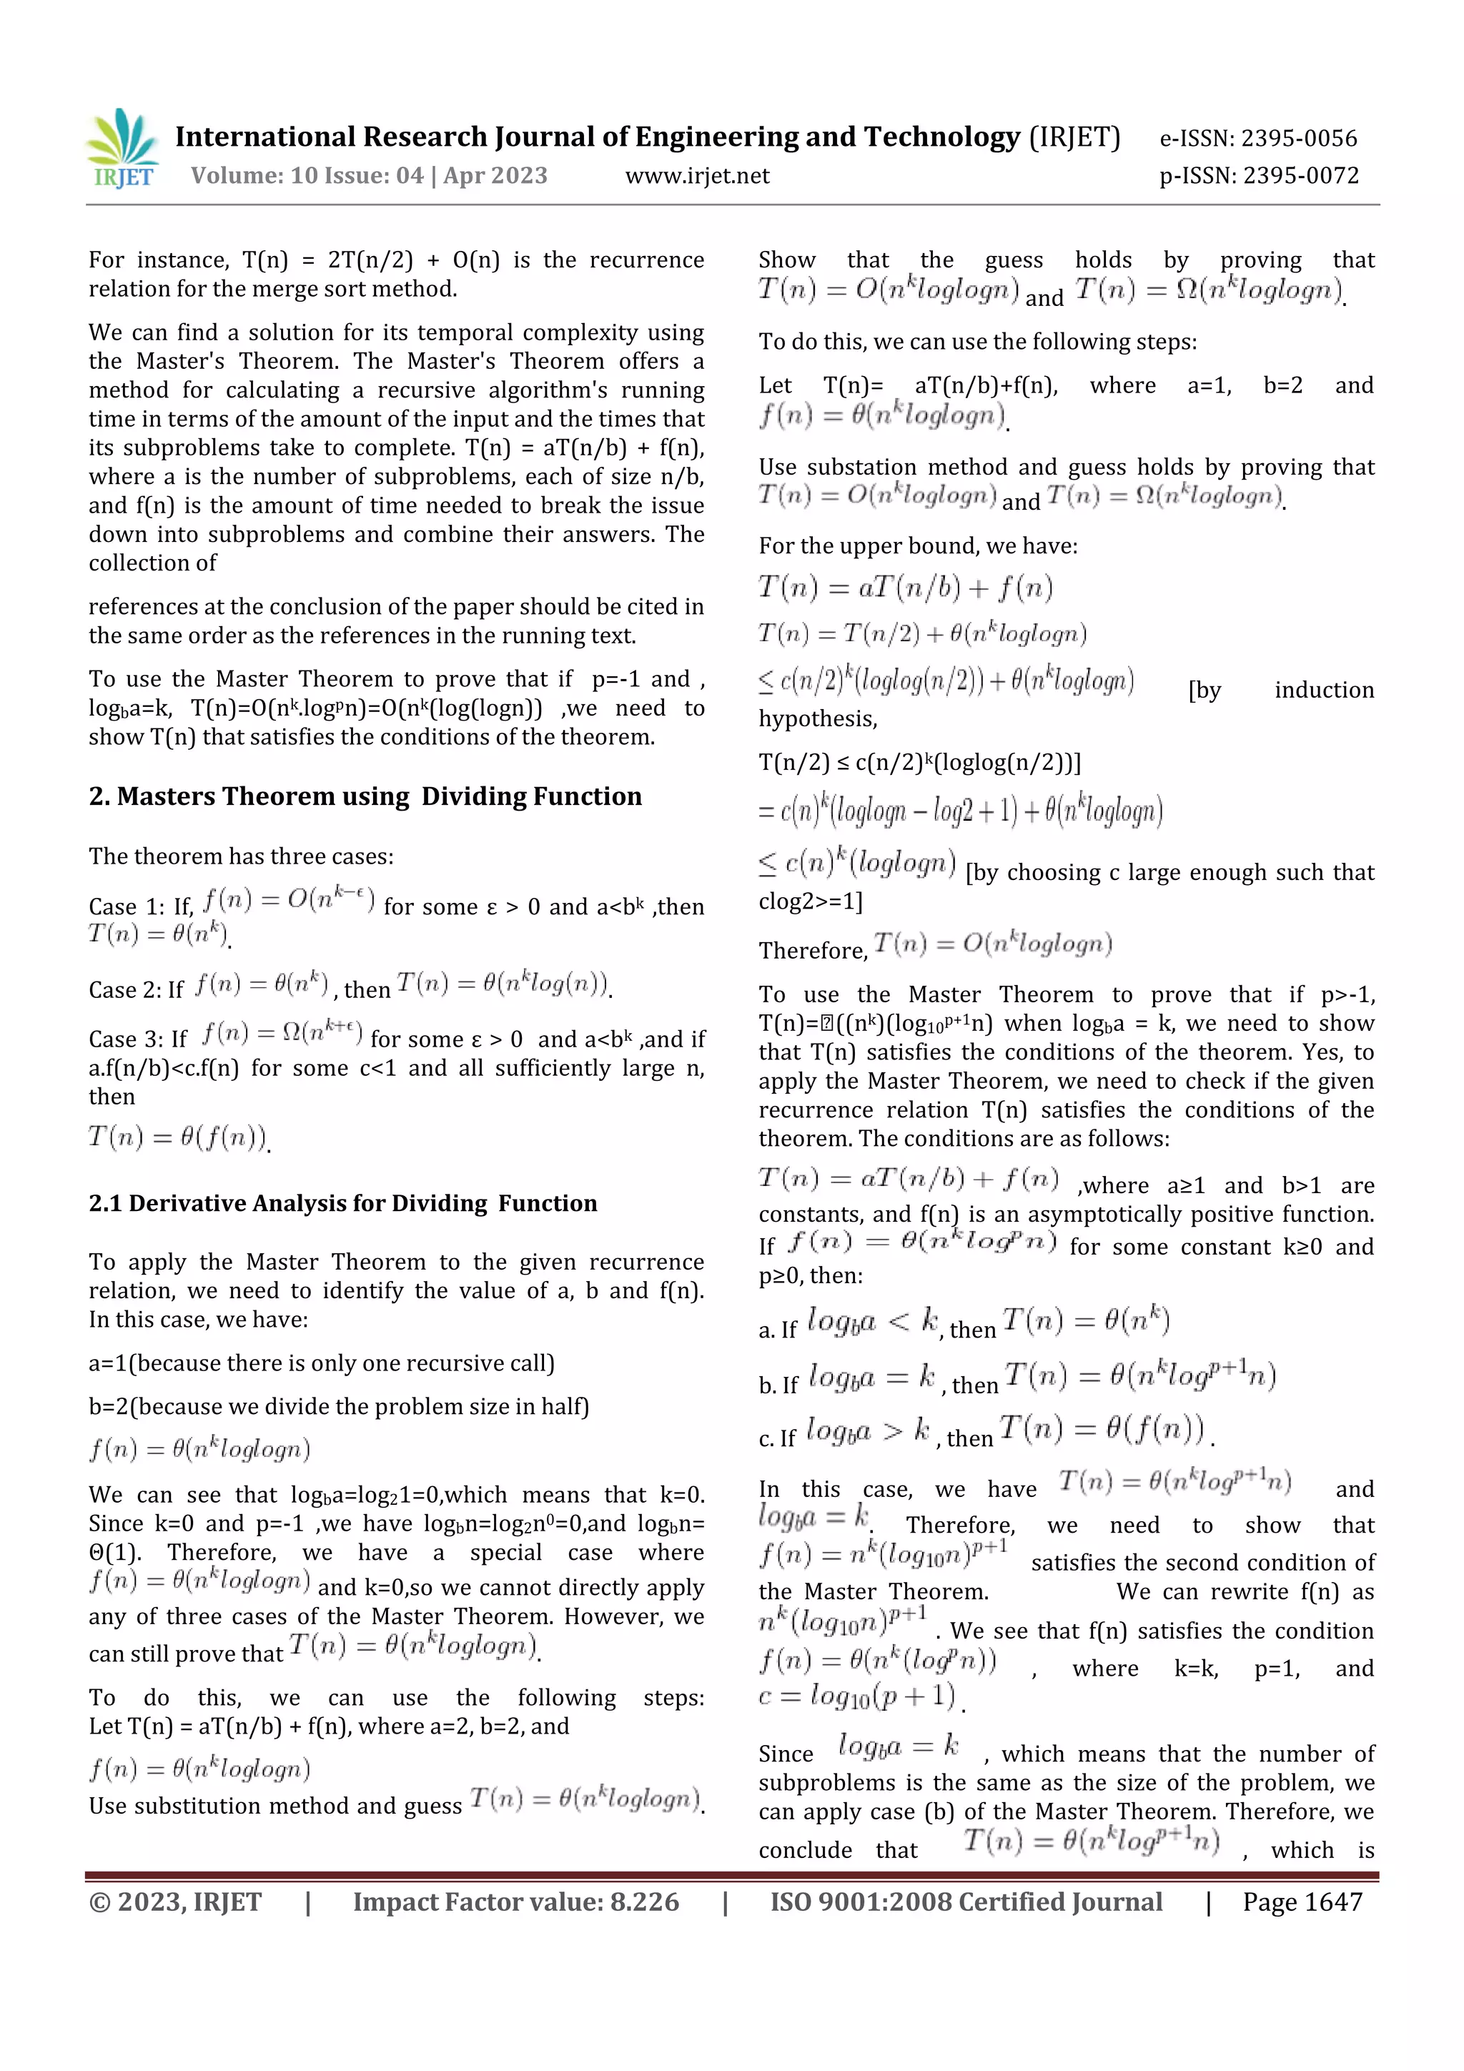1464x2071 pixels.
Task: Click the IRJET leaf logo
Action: tap(123, 148)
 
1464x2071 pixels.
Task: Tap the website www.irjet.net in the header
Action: tap(697, 176)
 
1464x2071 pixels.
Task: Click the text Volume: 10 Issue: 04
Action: tap(307, 176)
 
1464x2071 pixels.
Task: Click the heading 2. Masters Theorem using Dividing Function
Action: tap(365, 796)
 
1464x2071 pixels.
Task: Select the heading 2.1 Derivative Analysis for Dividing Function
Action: tap(343, 1203)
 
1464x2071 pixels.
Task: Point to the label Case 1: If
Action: tap(141, 906)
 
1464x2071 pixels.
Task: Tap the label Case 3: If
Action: tap(137, 1039)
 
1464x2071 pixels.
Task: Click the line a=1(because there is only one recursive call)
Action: tap(321, 1363)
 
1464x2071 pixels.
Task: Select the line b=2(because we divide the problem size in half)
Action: tap(338, 1406)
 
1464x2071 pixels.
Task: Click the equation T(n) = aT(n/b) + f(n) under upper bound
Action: tap(906, 588)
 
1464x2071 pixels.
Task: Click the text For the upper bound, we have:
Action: tap(917, 545)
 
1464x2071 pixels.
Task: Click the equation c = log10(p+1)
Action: tap(857, 1695)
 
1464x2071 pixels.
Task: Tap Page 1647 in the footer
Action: tap(1302, 1902)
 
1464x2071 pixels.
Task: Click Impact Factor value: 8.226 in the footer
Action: tap(516, 1902)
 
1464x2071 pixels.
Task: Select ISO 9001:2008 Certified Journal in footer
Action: tap(966, 1902)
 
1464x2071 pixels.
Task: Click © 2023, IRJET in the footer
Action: tap(175, 1902)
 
